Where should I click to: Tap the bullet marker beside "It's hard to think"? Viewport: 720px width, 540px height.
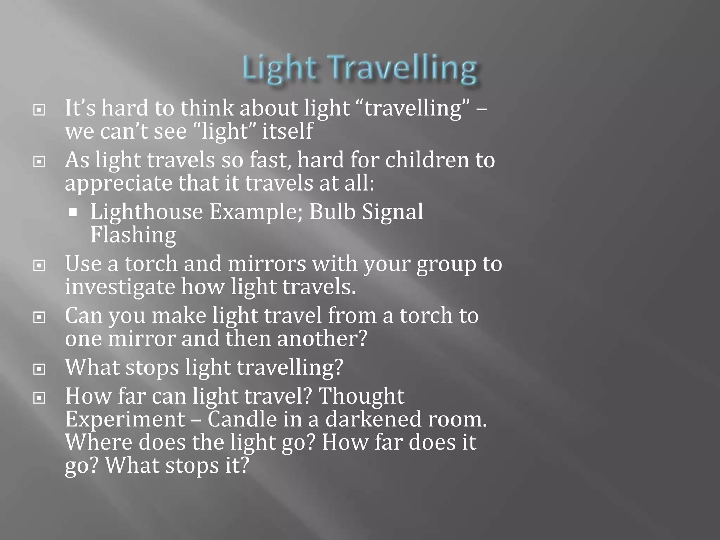39,110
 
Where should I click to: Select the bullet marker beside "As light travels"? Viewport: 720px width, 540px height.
39,162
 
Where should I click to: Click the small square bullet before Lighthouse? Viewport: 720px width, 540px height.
73,212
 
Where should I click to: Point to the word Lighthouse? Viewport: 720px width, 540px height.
147,212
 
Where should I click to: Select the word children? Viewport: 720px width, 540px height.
427,160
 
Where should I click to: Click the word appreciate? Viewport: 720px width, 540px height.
118,184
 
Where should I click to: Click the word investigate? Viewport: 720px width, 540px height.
120,287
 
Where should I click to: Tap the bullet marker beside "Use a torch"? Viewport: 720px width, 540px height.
39,265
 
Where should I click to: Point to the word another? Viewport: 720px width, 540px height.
322,339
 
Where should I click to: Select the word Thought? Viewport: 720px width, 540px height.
361,396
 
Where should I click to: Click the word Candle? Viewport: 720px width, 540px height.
242,419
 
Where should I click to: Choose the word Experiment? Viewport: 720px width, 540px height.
125,419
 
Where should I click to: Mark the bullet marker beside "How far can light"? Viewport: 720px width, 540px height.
39,398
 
